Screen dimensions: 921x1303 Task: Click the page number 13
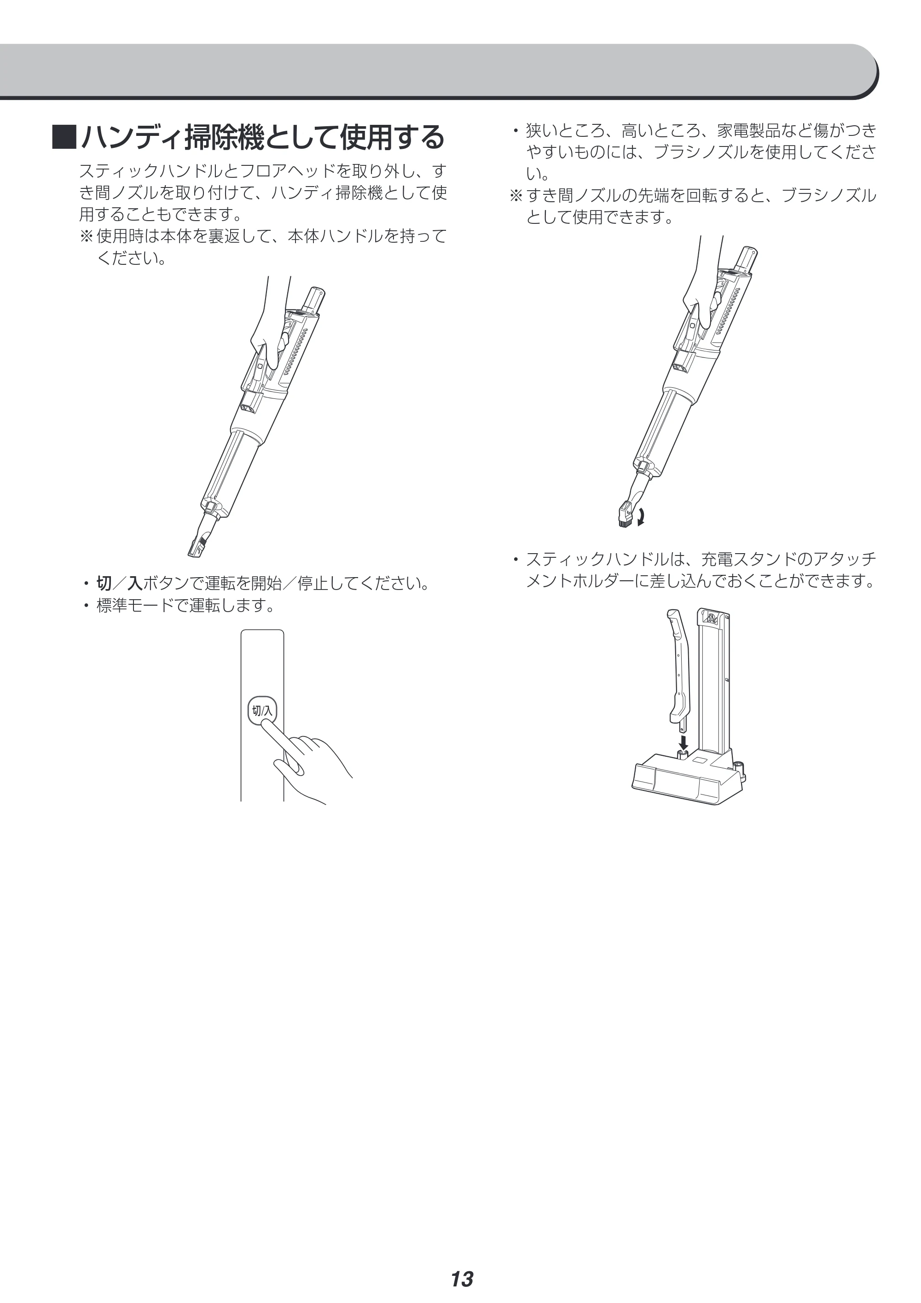462,1263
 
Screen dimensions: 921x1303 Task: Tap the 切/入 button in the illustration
262,711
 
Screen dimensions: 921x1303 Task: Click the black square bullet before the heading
64,137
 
